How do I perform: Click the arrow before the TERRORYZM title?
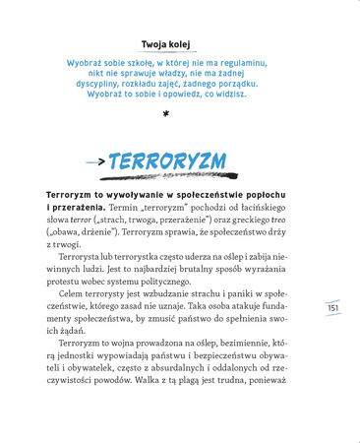point(95,160)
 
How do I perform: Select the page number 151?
point(332,309)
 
